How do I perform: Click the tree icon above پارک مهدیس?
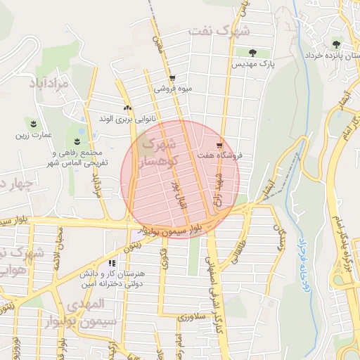coord(253,52)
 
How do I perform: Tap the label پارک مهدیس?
coord(252,63)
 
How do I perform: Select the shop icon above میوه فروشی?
coord(172,78)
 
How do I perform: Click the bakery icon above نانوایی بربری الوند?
coord(127,108)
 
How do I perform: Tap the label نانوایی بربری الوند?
coord(127,119)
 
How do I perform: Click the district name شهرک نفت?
coord(219,32)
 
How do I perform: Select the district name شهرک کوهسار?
coord(160,153)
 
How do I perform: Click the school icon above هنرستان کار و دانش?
coord(112,262)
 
